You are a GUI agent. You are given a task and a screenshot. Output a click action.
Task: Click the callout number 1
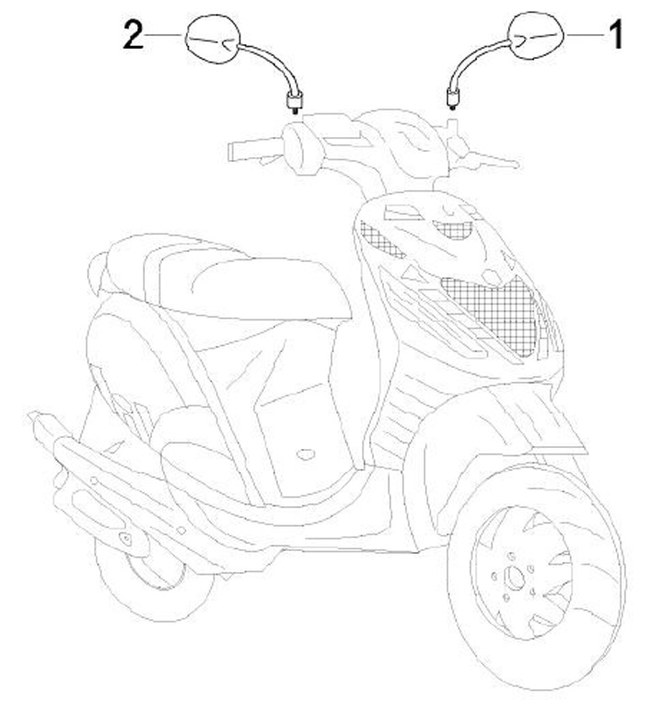pos(613,36)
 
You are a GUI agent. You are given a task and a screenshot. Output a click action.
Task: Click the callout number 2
pos(134,36)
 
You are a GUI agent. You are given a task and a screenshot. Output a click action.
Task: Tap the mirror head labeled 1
pos(535,37)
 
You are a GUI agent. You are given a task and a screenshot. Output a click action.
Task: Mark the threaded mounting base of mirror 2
pos(296,98)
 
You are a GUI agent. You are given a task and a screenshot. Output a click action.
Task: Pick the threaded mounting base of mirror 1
pos(452,97)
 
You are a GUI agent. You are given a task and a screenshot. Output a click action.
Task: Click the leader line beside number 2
pos(166,35)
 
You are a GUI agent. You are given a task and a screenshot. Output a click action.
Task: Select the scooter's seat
pos(230,276)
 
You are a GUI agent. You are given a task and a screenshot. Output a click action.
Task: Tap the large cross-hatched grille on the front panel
pos(488,308)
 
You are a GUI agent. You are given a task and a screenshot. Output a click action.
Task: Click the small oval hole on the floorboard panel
pos(305,453)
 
